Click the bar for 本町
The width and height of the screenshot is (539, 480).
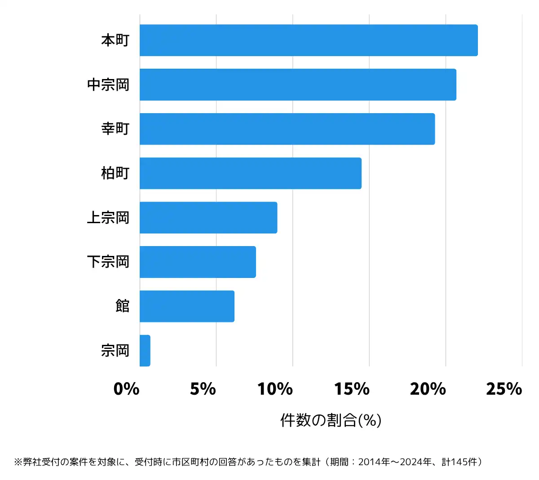309,40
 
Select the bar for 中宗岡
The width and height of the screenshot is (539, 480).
298,84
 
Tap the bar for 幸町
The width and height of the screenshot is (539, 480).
287,129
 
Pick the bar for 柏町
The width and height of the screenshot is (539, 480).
250,173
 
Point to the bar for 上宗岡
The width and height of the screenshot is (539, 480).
208,218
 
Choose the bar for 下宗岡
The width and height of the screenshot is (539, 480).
198,262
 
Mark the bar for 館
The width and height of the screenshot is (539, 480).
187,306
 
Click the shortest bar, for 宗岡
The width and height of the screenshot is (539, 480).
145,351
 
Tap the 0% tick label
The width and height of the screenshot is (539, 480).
126,389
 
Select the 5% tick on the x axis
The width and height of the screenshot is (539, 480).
203,389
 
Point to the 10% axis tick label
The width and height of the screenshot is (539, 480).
275,389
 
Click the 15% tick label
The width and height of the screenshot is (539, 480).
352,389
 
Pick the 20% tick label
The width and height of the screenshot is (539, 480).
428,389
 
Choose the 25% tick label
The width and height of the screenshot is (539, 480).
504,389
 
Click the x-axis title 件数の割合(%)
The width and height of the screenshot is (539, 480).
331,420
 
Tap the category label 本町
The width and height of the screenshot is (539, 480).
115,40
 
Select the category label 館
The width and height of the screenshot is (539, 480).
122,306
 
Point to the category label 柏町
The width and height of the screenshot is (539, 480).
115,173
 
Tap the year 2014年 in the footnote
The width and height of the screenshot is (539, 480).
375,462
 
